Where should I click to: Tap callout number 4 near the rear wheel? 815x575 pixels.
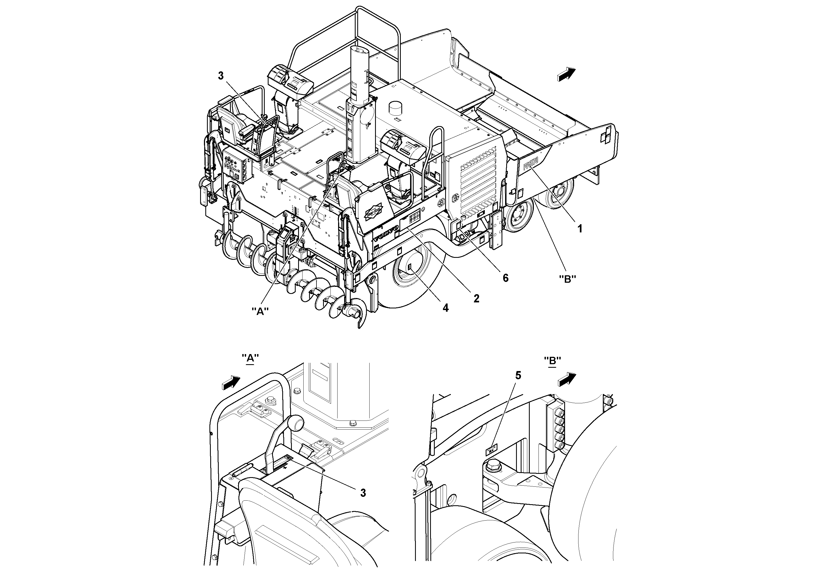pyautogui.click(x=445, y=308)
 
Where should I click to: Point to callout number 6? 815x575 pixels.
pyautogui.click(x=505, y=278)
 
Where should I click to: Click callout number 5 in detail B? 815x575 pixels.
pyautogui.click(x=518, y=375)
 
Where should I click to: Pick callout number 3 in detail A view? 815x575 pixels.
pyautogui.click(x=363, y=493)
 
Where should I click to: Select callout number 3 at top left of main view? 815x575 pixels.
pyautogui.click(x=221, y=76)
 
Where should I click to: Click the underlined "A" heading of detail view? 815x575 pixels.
pyautogui.click(x=250, y=358)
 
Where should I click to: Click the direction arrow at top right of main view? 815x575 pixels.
pyautogui.click(x=566, y=74)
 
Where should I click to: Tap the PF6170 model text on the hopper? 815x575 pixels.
pyautogui.click(x=531, y=164)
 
